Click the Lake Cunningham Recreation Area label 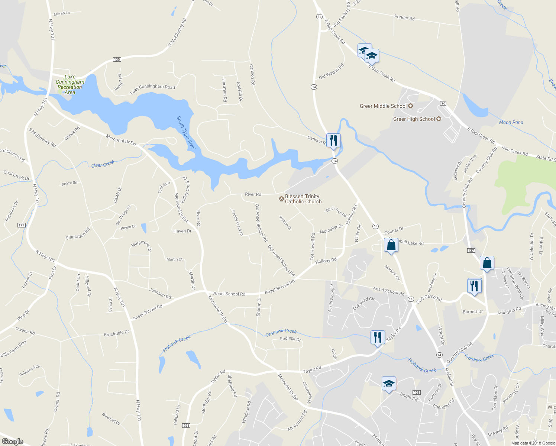click(70, 84)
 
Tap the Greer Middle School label click(383, 106)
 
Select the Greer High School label click(414, 119)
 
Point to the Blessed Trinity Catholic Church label click(303, 199)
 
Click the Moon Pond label click(511, 122)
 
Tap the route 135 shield click(117, 59)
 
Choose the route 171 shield click(21, 225)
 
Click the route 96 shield click(443, 103)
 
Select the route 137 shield click(471, 251)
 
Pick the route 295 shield click(186, 426)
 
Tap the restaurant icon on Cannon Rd click(333, 140)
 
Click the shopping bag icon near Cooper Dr click(391, 245)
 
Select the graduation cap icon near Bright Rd click(388, 384)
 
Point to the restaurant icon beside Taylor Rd click(377, 337)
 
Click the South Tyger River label click(186, 133)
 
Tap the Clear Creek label click(103, 164)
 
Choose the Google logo click(13, 442)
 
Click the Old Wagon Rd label click(331, 72)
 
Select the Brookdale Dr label click(116, 333)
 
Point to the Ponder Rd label click(404, 17)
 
